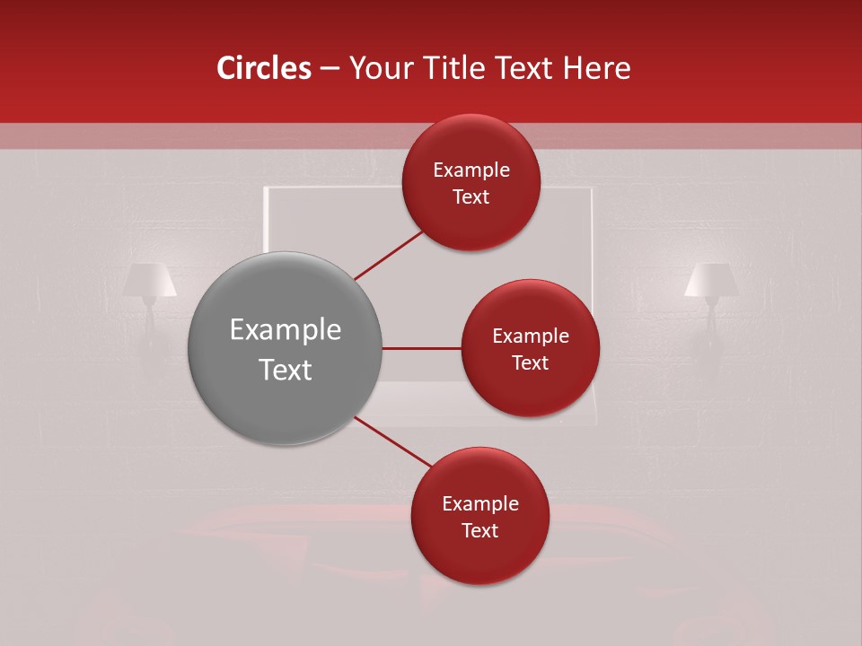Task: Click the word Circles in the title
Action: (x=263, y=68)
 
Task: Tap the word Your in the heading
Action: (x=378, y=68)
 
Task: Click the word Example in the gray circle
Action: (x=286, y=330)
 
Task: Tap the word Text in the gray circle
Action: (x=286, y=370)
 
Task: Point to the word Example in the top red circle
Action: (x=471, y=170)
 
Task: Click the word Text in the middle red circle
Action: (x=530, y=362)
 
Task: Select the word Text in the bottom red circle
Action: (x=479, y=530)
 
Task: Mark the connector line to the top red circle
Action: (x=389, y=255)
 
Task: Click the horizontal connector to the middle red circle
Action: (x=422, y=348)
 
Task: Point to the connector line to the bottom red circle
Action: (x=392, y=441)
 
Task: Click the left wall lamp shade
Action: (x=149, y=280)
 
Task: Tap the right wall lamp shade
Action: (x=711, y=280)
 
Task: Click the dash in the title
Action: (x=330, y=69)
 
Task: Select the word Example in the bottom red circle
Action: (x=479, y=504)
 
